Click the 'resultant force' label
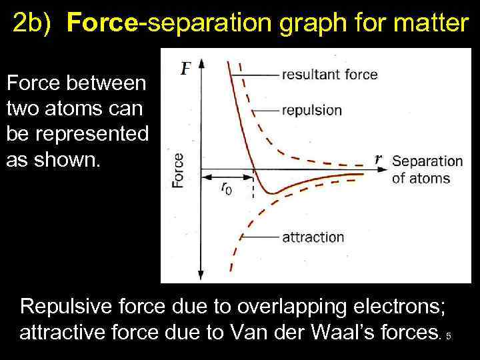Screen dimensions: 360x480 click(329, 75)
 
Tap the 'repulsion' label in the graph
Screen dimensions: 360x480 click(312, 111)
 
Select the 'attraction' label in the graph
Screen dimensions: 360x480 click(313, 237)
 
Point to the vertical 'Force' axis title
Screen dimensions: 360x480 click(178, 170)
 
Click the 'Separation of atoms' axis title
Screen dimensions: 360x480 click(427, 169)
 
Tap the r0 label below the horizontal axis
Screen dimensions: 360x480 click(227, 189)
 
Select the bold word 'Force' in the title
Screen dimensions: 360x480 click(106, 24)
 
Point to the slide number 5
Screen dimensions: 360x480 click(449, 336)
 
